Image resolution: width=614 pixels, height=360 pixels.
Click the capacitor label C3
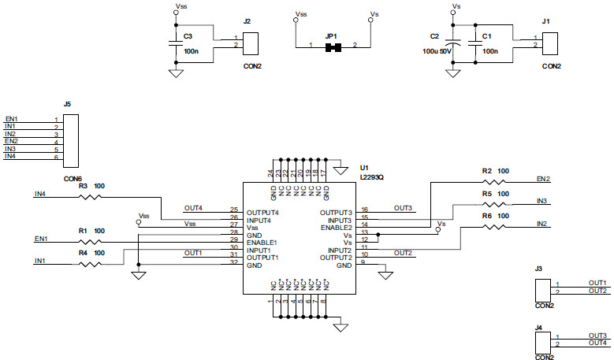tap(188, 36)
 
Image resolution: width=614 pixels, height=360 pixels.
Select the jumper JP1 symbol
tap(337, 48)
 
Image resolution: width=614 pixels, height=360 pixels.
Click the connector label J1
tap(546, 22)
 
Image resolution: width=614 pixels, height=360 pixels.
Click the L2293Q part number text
tap(372, 177)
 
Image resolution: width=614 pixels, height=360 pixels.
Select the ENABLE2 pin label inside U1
tap(335, 227)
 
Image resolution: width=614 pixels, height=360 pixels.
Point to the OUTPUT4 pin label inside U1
tap(263, 213)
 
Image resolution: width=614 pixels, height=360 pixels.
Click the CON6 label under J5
tap(73, 179)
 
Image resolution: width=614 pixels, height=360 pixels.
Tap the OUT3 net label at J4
tap(597, 336)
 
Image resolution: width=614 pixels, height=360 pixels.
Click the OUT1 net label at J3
tap(597, 283)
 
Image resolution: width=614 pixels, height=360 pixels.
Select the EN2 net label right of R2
tap(543, 179)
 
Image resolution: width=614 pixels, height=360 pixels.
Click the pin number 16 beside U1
tap(364, 210)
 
